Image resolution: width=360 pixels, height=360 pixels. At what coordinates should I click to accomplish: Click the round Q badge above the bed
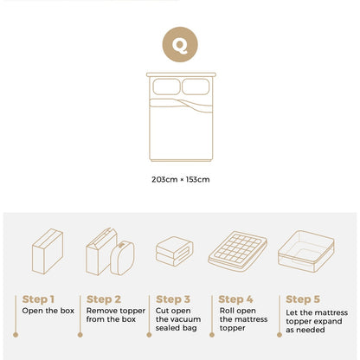(x=180, y=44)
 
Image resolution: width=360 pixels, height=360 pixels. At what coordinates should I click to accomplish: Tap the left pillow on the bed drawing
(x=166, y=87)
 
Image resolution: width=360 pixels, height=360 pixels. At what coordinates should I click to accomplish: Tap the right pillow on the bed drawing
(x=196, y=87)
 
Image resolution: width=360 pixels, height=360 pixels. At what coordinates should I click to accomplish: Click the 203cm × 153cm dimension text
(x=181, y=179)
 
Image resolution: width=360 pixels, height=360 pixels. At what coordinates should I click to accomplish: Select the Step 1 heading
(x=38, y=299)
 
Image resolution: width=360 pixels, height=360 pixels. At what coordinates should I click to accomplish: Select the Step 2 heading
(x=104, y=299)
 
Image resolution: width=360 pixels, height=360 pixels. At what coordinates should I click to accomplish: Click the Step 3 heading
(x=173, y=299)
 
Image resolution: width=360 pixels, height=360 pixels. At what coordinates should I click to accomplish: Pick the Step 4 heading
(x=235, y=299)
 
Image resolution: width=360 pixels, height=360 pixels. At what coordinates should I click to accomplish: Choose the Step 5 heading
(x=303, y=299)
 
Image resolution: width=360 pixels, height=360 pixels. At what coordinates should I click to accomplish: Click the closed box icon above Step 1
(x=48, y=251)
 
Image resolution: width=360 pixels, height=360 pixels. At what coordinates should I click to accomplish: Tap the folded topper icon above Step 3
(x=175, y=251)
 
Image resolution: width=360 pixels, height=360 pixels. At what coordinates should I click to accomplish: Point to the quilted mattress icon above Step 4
(x=237, y=251)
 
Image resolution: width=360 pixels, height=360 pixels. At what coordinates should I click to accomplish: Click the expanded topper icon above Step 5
(x=306, y=251)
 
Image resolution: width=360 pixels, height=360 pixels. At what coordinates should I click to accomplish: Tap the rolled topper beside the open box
(x=122, y=258)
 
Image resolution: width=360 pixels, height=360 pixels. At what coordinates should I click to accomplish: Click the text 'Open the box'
(x=48, y=311)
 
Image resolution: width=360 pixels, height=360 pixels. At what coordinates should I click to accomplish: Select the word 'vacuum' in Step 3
(x=189, y=319)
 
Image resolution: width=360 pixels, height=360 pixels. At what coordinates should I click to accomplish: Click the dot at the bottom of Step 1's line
(x=16, y=335)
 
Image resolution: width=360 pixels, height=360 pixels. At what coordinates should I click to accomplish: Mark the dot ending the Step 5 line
(x=280, y=335)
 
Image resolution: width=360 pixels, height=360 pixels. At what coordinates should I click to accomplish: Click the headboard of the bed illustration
(x=181, y=74)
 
